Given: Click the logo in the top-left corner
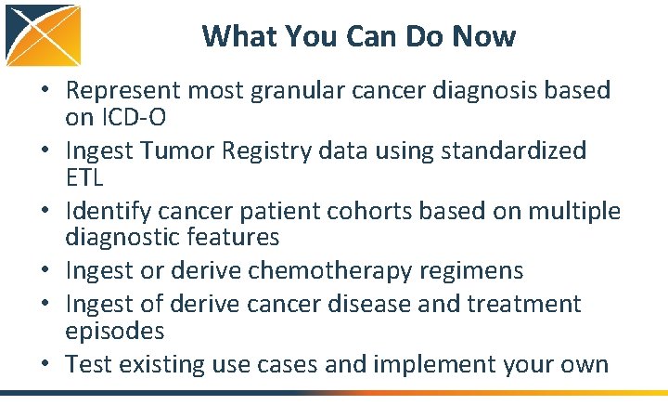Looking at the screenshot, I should pyautogui.click(x=42, y=35).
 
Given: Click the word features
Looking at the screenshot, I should pyautogui.click(x=232, y=238).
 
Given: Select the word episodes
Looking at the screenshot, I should pyautogui.click(x=114, y=331).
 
